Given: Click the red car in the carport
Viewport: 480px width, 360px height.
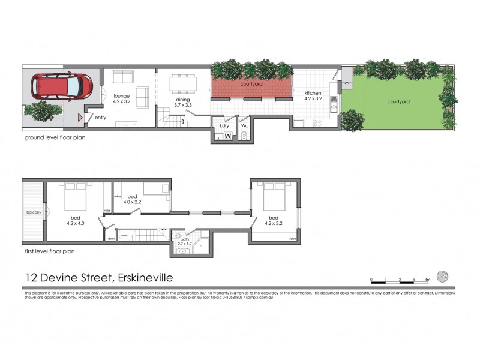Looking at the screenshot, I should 59,88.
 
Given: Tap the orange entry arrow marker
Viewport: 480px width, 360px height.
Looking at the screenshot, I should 79,117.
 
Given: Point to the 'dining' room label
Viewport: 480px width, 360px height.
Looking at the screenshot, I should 182,101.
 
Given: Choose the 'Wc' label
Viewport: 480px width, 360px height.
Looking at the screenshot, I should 244,125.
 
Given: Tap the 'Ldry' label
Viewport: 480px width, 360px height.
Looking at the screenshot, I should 224,125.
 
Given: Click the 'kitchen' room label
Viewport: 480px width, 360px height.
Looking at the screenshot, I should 313,93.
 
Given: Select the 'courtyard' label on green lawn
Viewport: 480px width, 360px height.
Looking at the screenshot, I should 398,101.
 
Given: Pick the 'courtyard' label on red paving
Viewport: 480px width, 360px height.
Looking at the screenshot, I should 251,85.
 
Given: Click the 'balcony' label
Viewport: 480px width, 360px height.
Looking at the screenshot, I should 33,212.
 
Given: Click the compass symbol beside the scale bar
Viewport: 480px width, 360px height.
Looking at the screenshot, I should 443,276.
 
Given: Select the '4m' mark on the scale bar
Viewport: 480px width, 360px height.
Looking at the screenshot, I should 428,280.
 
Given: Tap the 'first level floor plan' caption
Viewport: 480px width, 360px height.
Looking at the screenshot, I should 55,252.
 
